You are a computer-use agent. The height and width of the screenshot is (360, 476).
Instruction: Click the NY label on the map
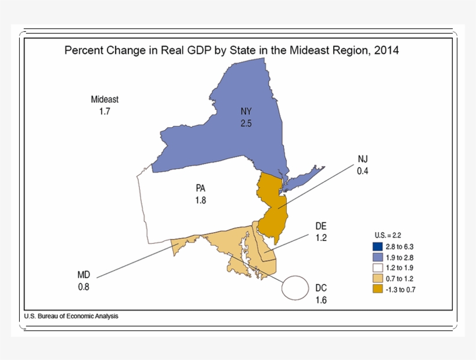[x=247, y=111]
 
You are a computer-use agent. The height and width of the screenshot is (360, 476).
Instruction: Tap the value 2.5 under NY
[x=247, y=123]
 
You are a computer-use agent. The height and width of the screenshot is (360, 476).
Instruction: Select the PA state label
[x=201, y=188]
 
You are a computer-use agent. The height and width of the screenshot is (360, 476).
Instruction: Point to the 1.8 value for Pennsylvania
[x=201, y=200]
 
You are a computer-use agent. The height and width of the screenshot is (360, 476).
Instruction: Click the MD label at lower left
[x=84, y=275]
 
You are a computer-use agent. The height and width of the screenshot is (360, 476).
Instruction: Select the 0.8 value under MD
[x=84, y=286]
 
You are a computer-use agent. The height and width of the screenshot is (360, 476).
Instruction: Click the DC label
[x=322, y=288]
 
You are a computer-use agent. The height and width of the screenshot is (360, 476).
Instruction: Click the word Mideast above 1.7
[x=104, y=99]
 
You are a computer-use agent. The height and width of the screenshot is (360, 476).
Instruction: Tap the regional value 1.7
[x=104, y=111]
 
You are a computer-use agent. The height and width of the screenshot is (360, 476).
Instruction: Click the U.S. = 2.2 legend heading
[x=388, y=235]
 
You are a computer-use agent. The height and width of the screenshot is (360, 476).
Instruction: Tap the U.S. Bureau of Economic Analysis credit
[x=71, y=316]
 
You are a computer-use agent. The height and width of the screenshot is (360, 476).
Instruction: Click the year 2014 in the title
[x=387, y=51]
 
